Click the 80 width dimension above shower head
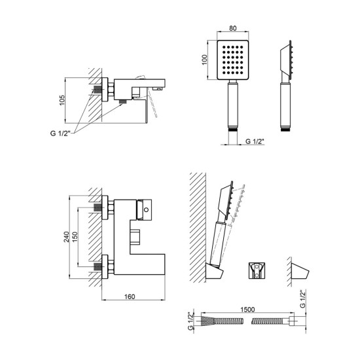[x=233, y=28]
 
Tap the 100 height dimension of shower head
[x=205, y=60]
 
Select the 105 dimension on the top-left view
[x=62, y=100]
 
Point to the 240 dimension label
[x=66, y=237]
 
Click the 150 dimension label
[x=75, y=237]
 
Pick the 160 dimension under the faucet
[x=130, y=297]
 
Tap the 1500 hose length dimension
[x=247, y=310]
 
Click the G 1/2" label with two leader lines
[x=60, y=133]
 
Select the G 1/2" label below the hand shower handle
[x=255, y=141]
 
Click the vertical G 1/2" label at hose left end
[x=190, y=321]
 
